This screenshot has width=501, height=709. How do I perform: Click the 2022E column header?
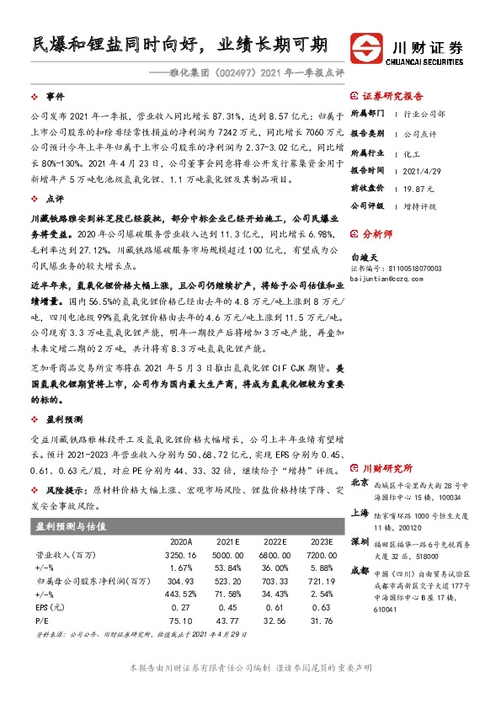pos(275,541)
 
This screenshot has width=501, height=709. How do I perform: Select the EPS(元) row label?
pos(49,608)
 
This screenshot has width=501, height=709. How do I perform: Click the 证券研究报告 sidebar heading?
pos(392,97)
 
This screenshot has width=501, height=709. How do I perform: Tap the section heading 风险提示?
pos(64,489)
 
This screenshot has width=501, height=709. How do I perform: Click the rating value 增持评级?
pos(412,205)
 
